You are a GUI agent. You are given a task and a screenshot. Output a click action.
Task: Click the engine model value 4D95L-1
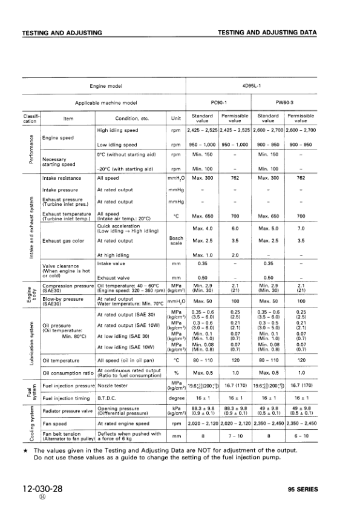[x=252, y=87]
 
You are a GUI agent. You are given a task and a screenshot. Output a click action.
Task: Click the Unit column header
[x=176, y=118]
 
